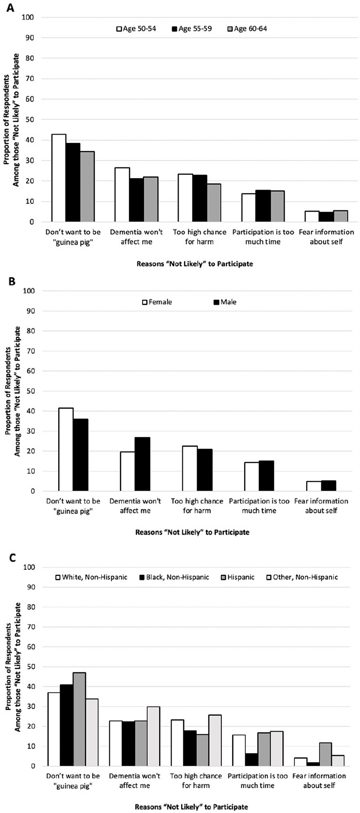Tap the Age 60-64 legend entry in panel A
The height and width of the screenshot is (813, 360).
pyautogui.click(x=247, y=29)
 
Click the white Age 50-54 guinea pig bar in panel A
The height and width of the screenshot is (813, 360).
pyautogui.click(x=59, y=178)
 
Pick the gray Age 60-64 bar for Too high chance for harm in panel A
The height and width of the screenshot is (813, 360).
pyautogui.click(x=214, y=203)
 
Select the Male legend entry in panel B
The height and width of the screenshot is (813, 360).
pyautogui.click(x=224, y=302)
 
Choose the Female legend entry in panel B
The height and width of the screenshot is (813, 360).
pyautogui.click(x=157, y=302)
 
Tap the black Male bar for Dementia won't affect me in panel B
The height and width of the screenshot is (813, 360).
pyautogui.click(x=142, y=464)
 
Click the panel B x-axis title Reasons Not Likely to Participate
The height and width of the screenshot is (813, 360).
pyautogui.click(x=192, y=532)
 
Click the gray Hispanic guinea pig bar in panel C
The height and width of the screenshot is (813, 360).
pyautogui.click(x=79, y=719)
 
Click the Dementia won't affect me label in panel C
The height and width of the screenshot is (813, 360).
pyautogui.click(x=135, y=781)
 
